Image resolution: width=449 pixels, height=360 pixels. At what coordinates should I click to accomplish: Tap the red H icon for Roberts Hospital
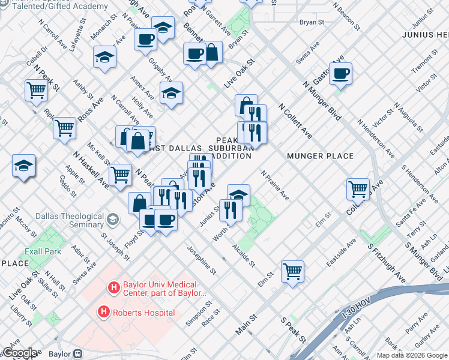104,312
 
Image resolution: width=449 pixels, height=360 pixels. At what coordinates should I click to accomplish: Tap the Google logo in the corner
19,353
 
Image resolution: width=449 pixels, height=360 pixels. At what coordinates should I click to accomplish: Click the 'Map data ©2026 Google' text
412,355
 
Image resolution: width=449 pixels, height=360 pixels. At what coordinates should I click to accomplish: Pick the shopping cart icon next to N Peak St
37,91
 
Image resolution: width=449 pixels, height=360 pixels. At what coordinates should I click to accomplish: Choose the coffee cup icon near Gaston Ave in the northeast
340,73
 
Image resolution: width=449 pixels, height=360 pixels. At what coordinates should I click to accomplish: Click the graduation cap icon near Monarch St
104,58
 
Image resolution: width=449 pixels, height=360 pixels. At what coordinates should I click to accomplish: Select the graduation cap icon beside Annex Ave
171,93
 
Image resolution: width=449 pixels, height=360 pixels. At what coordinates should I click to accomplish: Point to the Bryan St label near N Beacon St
312,22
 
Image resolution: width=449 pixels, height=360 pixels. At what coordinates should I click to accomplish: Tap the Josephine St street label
200,259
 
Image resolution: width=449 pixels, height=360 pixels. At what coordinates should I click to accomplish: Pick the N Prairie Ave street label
275,185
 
